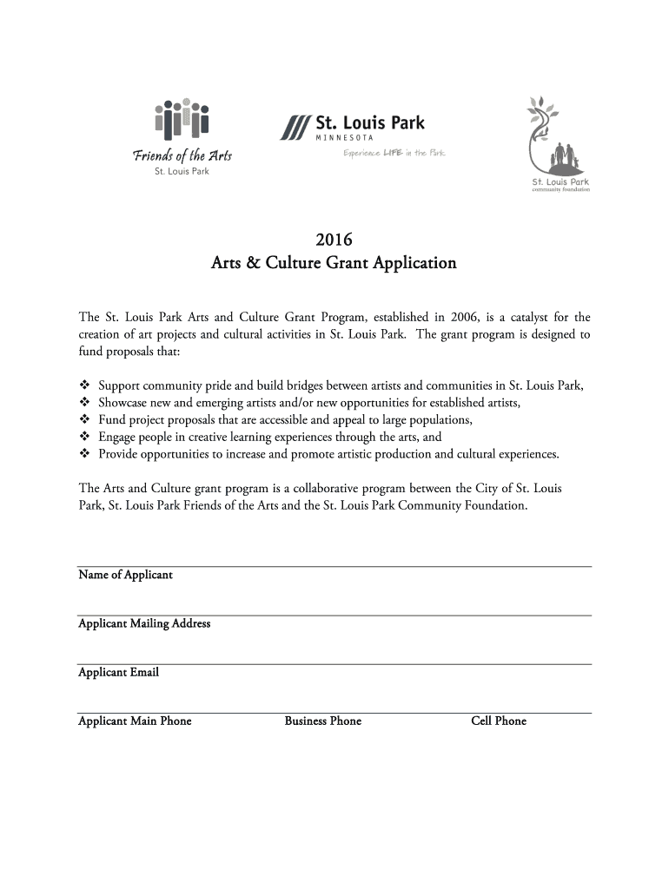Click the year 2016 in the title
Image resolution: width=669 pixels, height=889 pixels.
point(334,238)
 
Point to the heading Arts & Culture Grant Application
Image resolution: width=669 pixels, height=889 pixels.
point(334,262)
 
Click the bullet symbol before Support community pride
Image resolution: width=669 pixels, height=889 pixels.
point(84,386)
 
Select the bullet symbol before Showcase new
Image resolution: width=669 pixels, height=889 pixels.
point(84,403)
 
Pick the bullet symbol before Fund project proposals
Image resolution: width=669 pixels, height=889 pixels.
point(84,420)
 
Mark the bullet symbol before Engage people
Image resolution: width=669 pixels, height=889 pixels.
point(84,437)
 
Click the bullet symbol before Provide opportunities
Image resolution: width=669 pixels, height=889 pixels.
point(84,454)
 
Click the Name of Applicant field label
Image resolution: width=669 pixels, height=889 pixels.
point(125,576)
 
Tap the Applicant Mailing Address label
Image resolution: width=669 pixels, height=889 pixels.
point(144,624)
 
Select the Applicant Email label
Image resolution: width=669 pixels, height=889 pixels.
point(118,673)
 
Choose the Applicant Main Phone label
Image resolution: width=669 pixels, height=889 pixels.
point(135,721)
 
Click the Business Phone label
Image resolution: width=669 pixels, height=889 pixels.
point(322,721)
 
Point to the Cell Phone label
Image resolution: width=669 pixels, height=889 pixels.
point(499,721)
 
